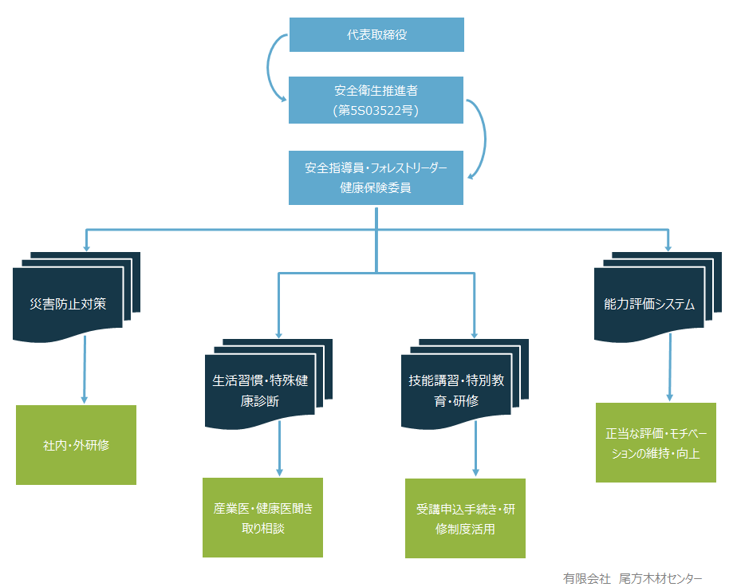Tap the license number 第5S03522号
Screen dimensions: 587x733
point(376,111)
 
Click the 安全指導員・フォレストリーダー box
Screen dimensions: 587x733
point(376,168)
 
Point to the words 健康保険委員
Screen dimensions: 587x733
point(376,188)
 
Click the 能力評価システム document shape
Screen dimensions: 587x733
point(650,304)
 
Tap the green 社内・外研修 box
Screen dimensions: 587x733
point(76,445)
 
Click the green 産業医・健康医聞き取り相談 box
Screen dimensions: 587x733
point(262,518)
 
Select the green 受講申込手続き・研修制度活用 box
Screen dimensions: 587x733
point(465,518)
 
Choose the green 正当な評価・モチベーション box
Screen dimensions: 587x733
point(656,443)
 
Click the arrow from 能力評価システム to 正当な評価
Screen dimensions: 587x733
point(669,366)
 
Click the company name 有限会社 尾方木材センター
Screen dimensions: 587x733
point(633,577)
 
